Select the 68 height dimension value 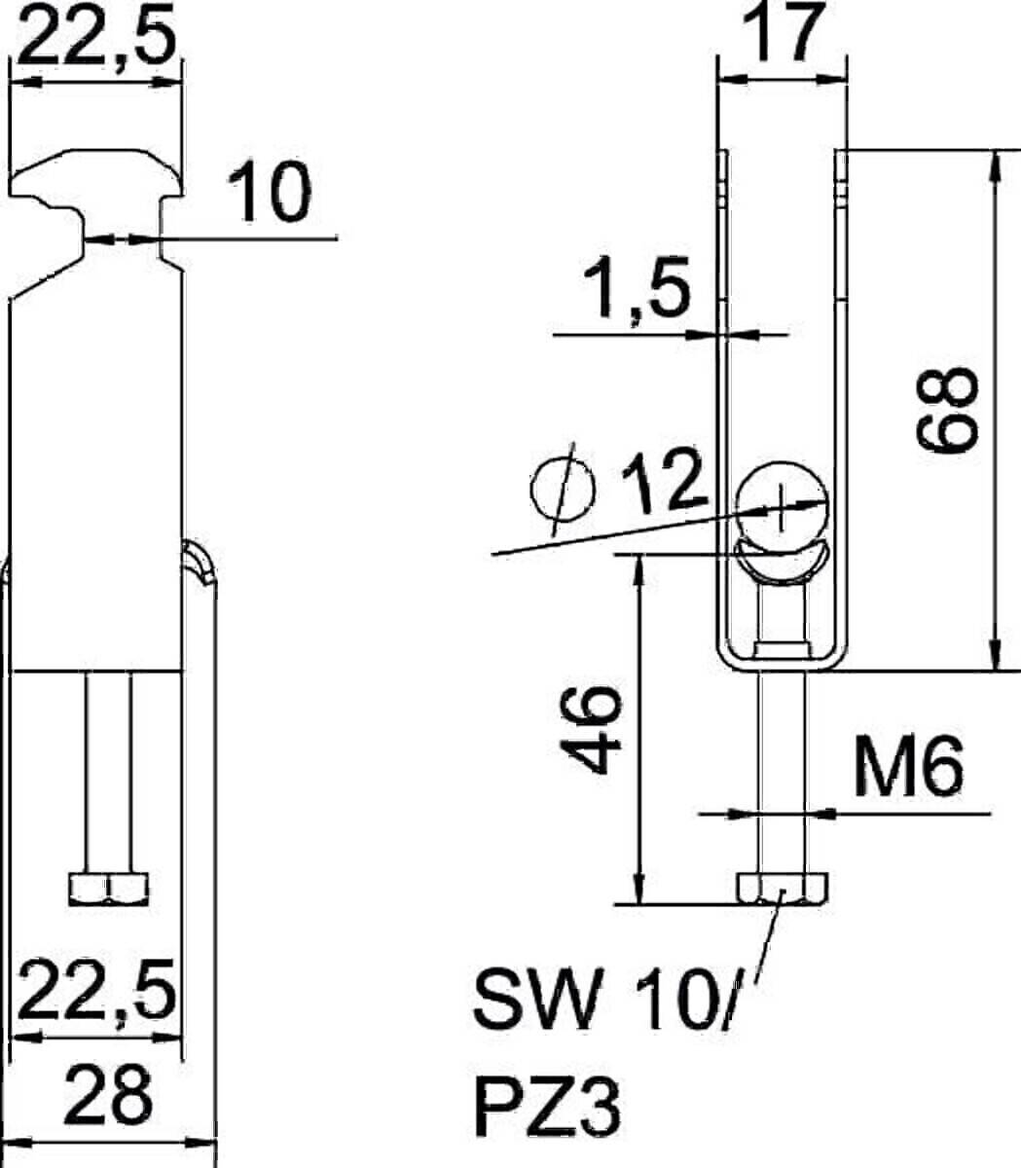coord(948,410)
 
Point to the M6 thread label coord(907,767)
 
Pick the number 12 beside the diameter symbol coord(664,482)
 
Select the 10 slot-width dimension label coord(270,192)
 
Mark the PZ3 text coord(548,1107)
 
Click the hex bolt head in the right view coord(783,888)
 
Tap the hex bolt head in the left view coord(109,887)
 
